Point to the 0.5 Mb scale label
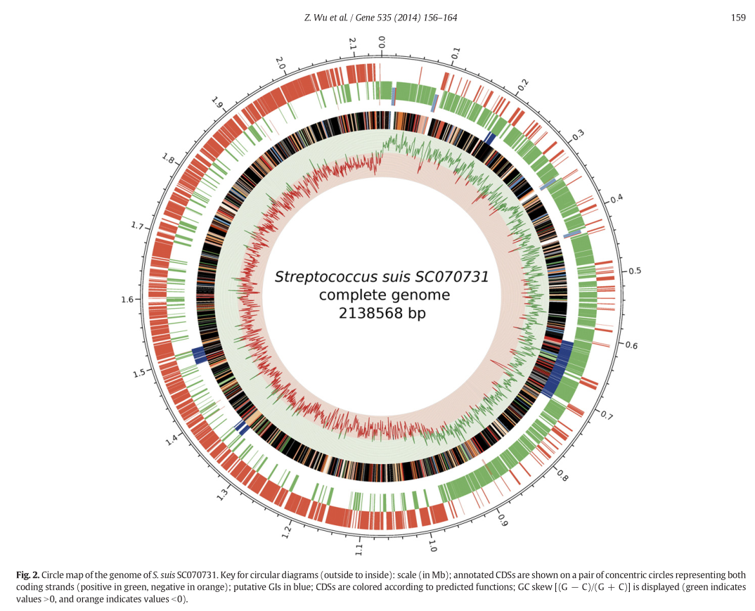click(x=635, y=271)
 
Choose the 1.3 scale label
click(x=223, y=495)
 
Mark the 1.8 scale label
click(x=168, y=158)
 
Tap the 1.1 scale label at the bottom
click(x=359, y=549)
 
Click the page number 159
click(x=738, y=18)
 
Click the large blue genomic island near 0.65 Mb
click(x=560, y=369)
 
